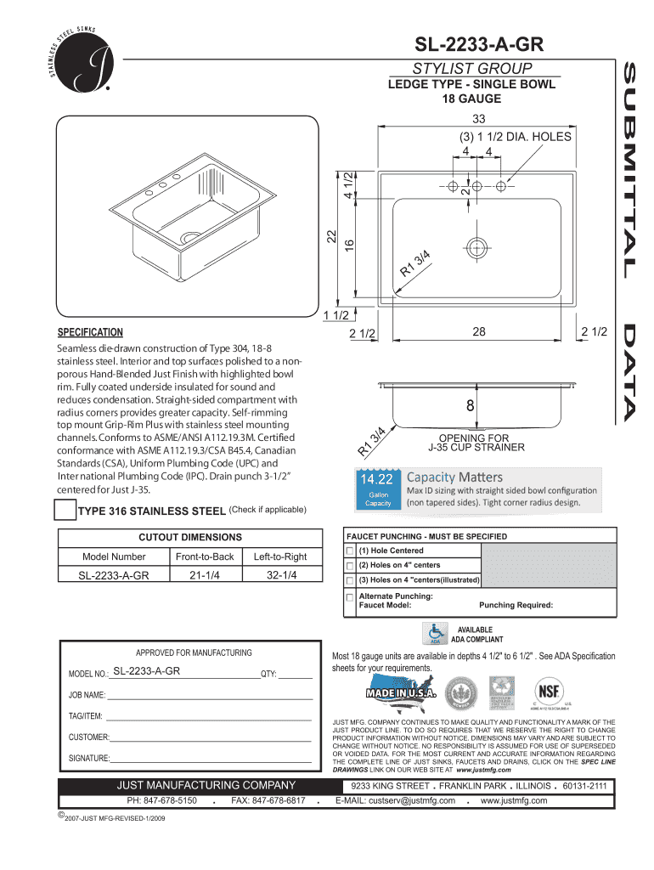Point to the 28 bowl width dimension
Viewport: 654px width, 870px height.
479,332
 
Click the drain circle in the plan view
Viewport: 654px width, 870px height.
476,247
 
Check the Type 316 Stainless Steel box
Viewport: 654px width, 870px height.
65,511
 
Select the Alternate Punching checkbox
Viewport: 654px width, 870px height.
349,597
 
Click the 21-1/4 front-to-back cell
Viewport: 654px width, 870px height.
204,575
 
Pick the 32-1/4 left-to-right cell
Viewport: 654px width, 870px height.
279,575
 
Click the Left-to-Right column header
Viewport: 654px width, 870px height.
279,556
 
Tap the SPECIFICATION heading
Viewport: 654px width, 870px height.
90,332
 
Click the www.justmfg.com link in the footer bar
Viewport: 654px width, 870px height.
514,800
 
